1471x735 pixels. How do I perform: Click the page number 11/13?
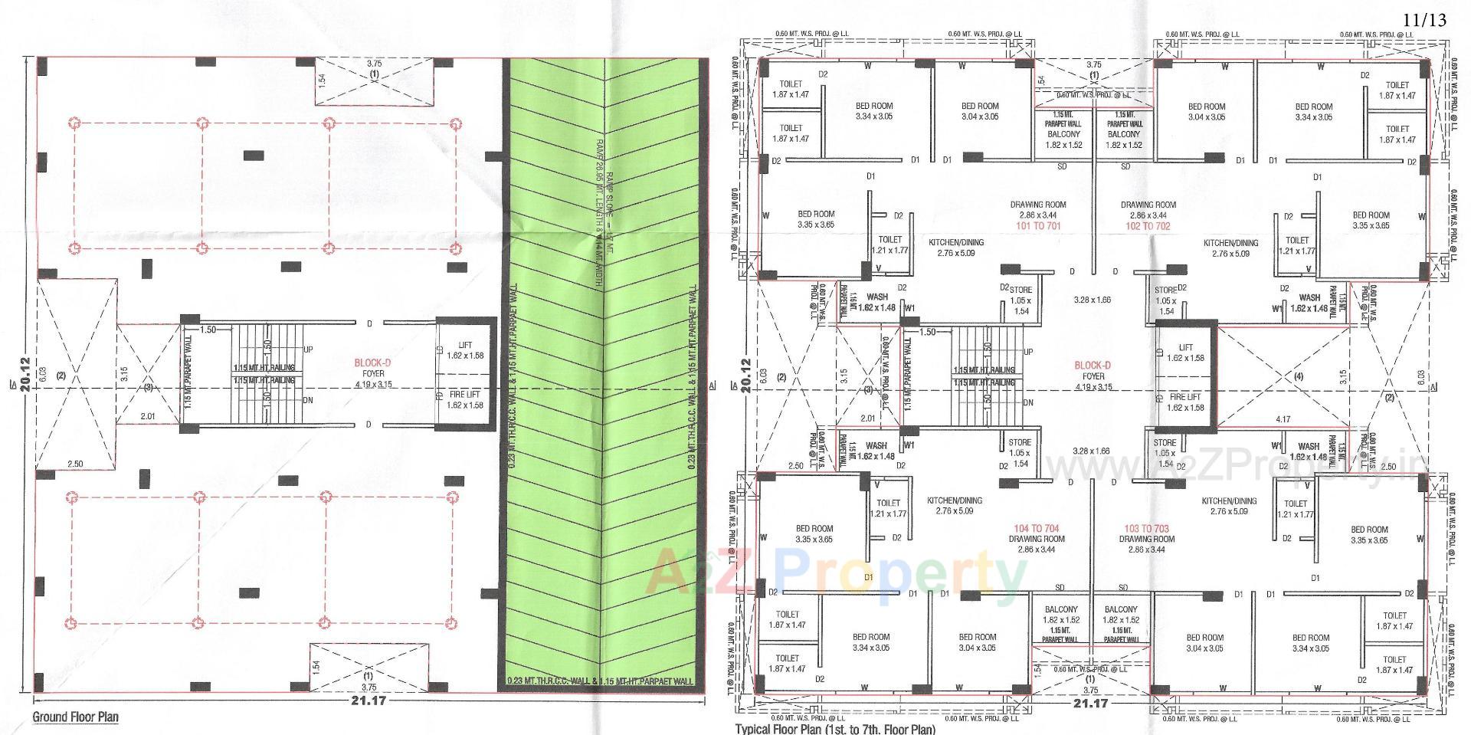1426,20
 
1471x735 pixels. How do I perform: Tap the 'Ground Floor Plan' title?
75,717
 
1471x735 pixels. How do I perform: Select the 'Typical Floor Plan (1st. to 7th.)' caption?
835,729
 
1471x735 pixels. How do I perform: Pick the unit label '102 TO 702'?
1148,226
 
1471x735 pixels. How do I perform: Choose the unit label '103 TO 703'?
1146,529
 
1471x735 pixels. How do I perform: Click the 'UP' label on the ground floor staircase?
308,349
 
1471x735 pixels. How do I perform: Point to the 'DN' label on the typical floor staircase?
1028,402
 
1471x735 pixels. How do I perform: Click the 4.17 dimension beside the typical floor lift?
1283,419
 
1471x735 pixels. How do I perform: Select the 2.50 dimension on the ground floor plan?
75,464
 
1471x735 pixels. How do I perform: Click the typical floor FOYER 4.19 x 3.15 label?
1093,382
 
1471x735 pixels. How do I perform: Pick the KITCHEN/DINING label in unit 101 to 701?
956,247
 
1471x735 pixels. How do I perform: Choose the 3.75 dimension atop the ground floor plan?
374,64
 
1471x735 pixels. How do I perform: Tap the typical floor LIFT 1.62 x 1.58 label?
1185,353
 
